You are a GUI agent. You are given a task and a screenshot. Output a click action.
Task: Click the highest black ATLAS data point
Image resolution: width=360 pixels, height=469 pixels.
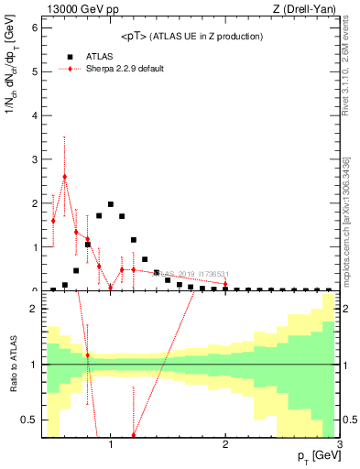(x=111, y=204)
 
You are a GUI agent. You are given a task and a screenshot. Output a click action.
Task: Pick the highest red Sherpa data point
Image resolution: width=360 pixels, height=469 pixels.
(x=65, y=176)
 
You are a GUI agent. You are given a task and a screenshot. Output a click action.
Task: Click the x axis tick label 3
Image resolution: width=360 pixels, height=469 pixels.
(x=339, y=445)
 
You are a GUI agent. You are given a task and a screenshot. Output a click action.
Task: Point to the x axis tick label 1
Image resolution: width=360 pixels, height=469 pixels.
(x=111, y=445)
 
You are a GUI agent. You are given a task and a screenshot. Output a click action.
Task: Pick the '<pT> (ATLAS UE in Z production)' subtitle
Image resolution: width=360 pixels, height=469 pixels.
(x=192, y=36)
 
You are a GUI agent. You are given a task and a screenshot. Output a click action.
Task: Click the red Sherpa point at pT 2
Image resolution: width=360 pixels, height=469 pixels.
(x=225, y=284)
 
